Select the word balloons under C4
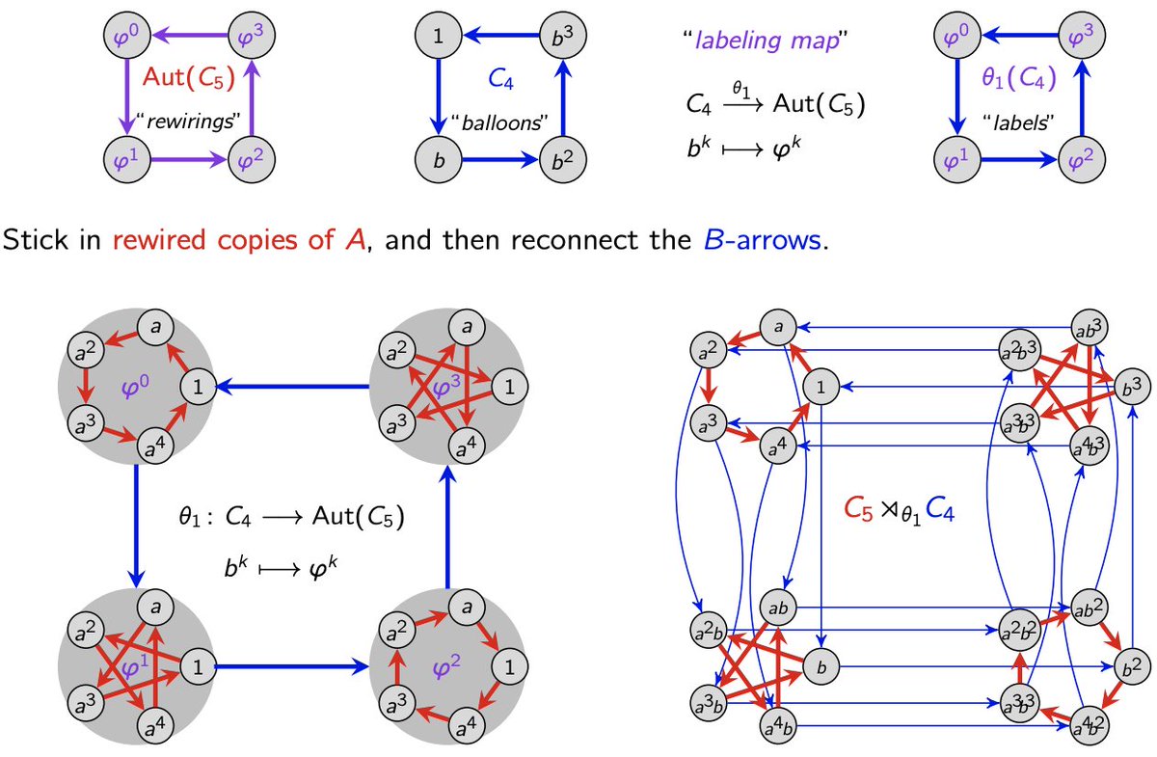point(497,124)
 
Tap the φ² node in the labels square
point(1079,158)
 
